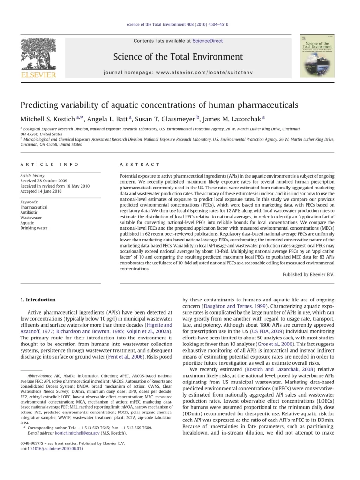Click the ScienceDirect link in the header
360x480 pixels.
pyautogui.click(x=210, y=41)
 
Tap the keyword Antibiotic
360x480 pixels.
pyautogui.click(x=30, y=212)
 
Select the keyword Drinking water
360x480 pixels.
pyautogui.click(x=34, y=228)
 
